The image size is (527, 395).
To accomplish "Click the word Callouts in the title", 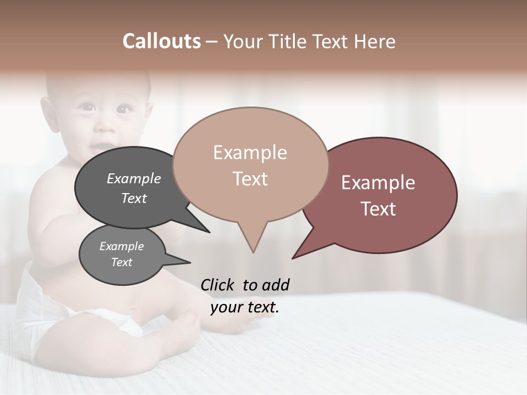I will click(x=161, y=41).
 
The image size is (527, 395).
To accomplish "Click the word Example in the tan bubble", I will click(x=250, y=153).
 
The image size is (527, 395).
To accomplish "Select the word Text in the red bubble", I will click(x=379, y=209).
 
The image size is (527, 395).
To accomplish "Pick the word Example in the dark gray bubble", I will click(x=134, y=178).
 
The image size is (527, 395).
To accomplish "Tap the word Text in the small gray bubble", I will click(x=122, y=262).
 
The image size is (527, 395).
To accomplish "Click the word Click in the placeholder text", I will click(x=218, y=285).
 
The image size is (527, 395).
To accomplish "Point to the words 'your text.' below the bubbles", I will click(x=245, y=307).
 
